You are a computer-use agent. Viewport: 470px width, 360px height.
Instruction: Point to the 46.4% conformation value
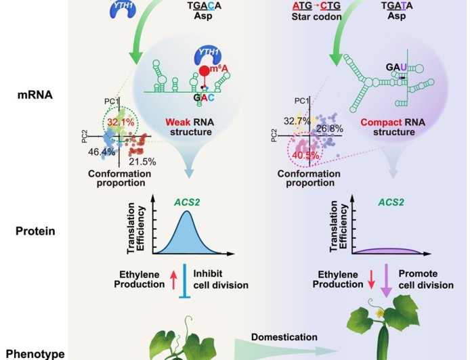point(102,152)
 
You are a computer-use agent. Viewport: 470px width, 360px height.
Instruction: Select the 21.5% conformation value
point(142,161)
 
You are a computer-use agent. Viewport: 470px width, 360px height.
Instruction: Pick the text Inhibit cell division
point(221,279)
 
